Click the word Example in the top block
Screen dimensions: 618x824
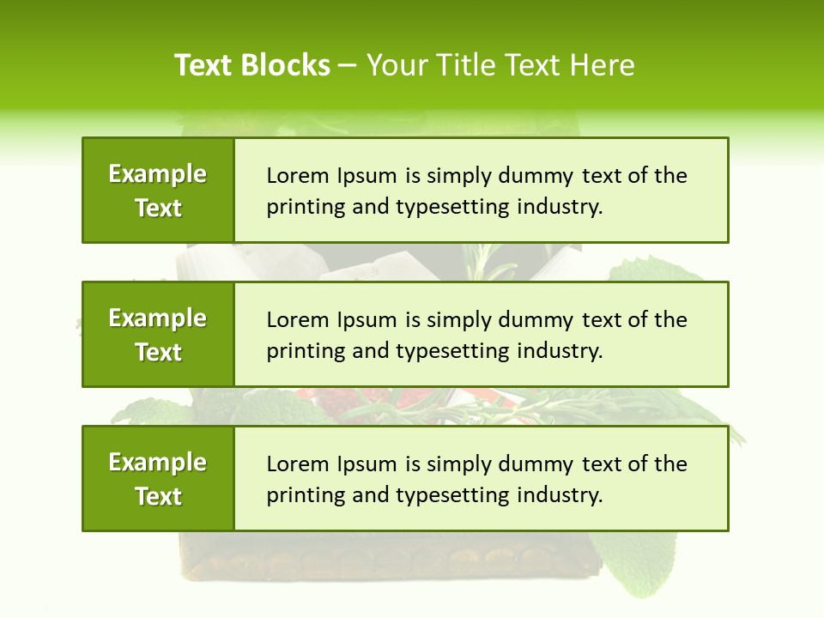[158, 174]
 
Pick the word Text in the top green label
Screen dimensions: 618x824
[158, 209]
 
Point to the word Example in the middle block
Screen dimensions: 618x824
[158, 318]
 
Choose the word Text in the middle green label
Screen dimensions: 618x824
[158, 353]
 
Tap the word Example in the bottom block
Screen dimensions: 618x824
[158, 463]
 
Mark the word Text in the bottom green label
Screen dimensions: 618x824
[158, 497]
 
